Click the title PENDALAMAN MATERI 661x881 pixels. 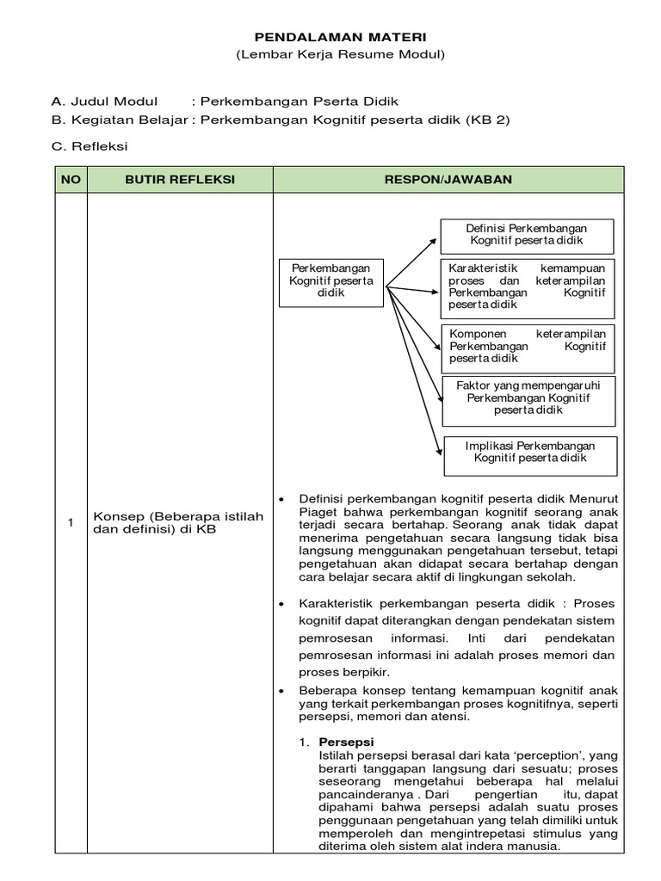click(x=339, y=37)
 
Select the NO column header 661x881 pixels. click(x=70, y=180)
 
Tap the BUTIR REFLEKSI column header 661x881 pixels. click(x=179, y=180)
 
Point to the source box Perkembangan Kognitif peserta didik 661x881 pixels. click(x=330, y=280)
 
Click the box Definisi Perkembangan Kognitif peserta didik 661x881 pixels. click(x=526, y=235)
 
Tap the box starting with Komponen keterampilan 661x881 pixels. click(x=527, y=346)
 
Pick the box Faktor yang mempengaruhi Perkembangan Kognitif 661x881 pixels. click(x=528, y=398)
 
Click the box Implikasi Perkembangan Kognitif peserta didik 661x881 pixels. click(x=529, y=452)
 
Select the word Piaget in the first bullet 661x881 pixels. click(x=319, y=511)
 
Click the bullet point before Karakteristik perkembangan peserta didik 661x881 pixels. click(x=282, y=604)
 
